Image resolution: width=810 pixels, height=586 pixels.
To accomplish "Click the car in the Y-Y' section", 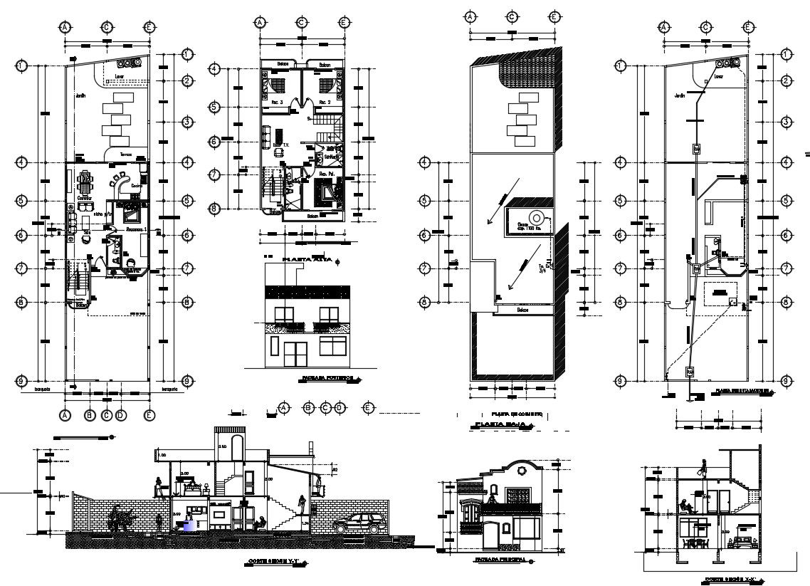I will click(360, 523).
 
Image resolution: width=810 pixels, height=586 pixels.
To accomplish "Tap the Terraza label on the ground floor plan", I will click(126, 154).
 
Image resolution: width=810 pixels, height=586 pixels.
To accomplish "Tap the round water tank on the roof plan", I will click(534, 218).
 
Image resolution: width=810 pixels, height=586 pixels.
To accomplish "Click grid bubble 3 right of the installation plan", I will click(787, 122).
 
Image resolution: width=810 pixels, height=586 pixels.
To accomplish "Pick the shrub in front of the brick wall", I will click(120, 519).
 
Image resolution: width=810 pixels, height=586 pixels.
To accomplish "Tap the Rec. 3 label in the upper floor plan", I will click(277, 103).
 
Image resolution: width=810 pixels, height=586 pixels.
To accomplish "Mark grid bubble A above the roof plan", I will click(469, 16).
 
